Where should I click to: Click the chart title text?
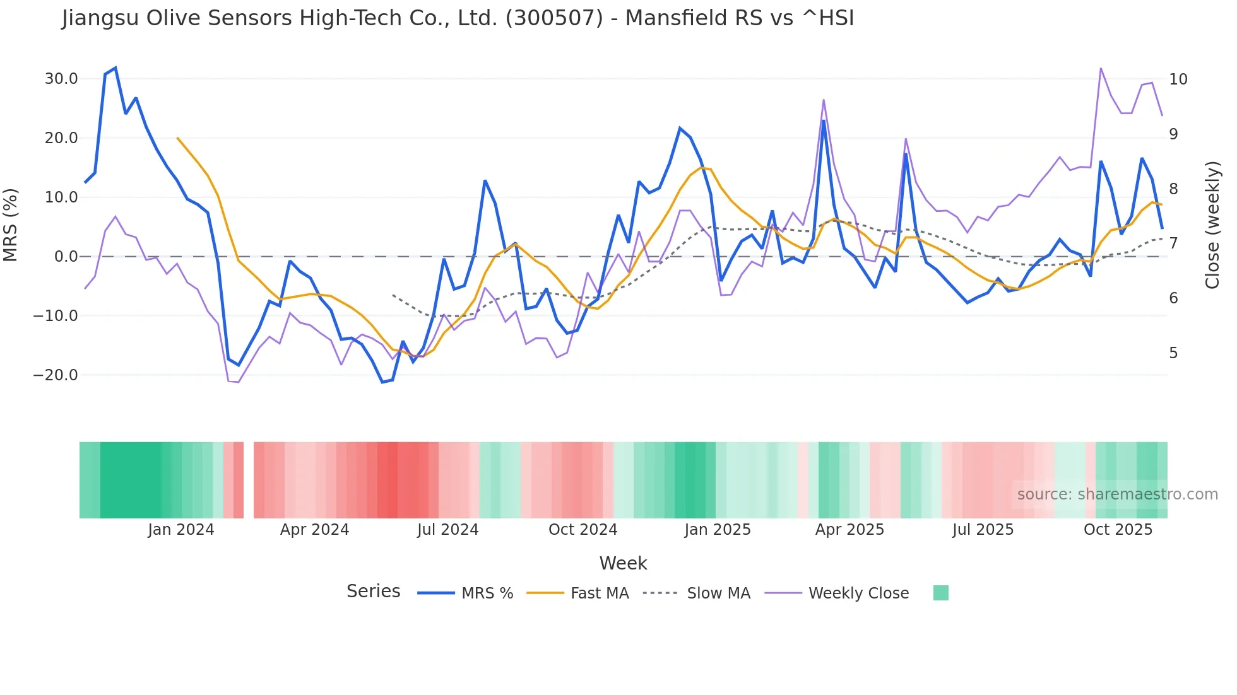pos(458,18)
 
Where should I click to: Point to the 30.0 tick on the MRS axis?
pos(61,79)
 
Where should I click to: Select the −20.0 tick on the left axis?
pos(56,375)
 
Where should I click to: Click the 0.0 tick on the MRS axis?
pos(66,257)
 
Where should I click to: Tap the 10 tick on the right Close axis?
pos(1178,79)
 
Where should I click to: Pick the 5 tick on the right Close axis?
pos(1173,353)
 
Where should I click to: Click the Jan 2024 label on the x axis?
pos(181,530)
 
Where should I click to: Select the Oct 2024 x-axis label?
pos(583,530)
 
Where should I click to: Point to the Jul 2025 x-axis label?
pos(983,530)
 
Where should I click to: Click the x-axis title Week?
pos(623,563)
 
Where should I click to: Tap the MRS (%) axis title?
pos(11,225)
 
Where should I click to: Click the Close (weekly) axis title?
pos(1212,225)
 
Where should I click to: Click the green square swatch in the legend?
pos(940,593)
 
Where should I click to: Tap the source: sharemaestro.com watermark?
pos(1117,494)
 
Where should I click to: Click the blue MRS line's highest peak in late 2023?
pos(115,68)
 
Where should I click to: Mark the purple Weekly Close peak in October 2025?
pos(1101,68)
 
